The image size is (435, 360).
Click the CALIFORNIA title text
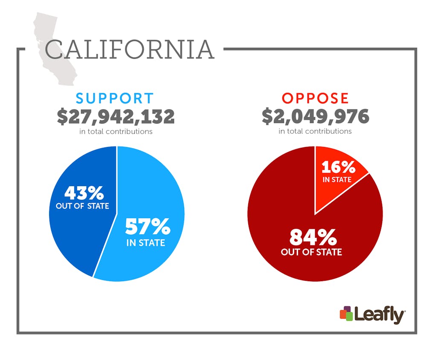coord(129,50)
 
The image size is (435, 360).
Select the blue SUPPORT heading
coord(115,98)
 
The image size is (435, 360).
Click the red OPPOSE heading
coord(315,98)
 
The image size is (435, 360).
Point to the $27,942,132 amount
coord(116,116)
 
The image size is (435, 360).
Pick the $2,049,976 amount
coord(315,116)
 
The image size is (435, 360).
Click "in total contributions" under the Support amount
coord(116,132)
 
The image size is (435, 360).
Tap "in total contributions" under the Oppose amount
coord(315,131)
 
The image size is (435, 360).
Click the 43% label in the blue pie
coord(84,193)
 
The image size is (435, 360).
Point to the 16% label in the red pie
coord(337,167)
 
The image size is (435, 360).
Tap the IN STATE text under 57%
coord(145,243)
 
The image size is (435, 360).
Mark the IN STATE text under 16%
coord(337,180)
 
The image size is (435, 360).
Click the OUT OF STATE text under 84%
coord(311,252)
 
